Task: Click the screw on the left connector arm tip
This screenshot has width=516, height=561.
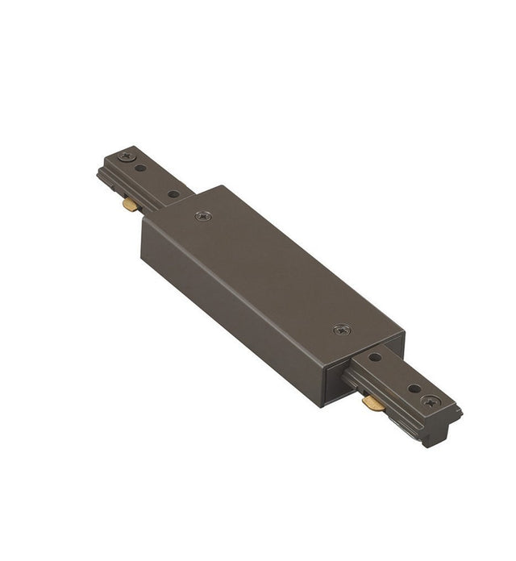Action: click(x=125, y=156)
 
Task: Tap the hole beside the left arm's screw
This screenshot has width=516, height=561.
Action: click(x=143, y=168)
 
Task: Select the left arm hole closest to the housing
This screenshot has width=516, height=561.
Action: click(x=172, y=194)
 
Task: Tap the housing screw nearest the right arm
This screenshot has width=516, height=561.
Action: click(x=341, y=330)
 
